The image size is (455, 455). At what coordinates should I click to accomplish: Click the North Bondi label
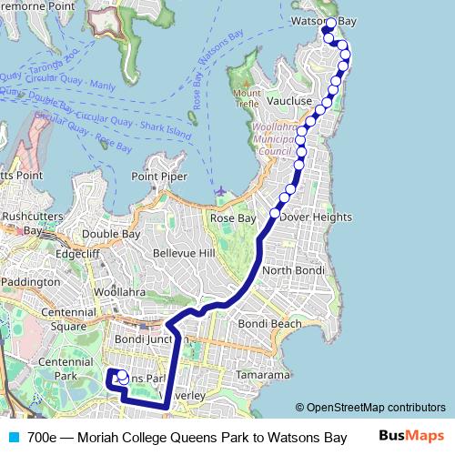click(287, 271)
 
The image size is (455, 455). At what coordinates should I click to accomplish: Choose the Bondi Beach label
click(269, 323)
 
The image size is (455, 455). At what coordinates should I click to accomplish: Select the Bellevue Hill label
click(184, 252)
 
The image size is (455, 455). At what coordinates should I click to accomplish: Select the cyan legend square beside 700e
click(12, 437)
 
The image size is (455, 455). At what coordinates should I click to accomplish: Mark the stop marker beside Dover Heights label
click(275, 214)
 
